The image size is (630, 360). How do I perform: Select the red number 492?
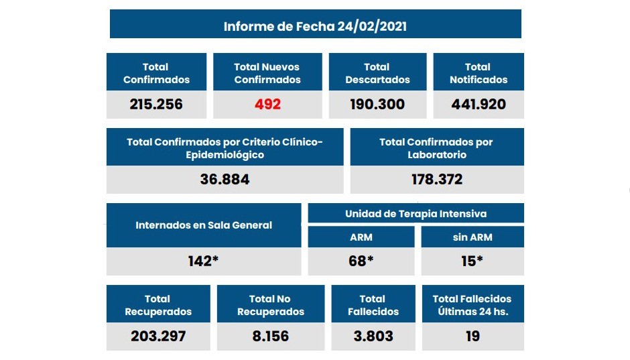pyautogui.click(x=267, y=105)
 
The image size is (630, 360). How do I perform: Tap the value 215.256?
pyautogui.click(x=156, y=105)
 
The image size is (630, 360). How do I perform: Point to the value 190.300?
pyautogui.click(x=377, y=105)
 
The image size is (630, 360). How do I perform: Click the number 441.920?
pyautogui.click(x=478, y=105)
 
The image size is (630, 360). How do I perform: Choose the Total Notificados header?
pyautogui.click(x=478, y=73)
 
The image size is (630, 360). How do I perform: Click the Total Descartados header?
pyautogui.click(x=377, y=73)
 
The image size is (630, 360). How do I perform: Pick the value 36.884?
pyautogui.click(x=225, y=180)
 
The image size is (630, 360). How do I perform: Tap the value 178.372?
pyautogui.click(x=436, y=180)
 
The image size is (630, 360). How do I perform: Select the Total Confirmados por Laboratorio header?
pyautogui.click(x=436, y=148)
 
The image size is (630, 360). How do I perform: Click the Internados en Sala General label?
pyautogui.click(x=204, y=225)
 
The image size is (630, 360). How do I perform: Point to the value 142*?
pyautogui.click(x=204, y=261)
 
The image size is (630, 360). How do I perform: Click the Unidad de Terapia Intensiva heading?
pyautogui.click(x=416, y=214)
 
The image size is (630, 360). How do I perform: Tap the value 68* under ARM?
pyautogui.click(x=361, y=261)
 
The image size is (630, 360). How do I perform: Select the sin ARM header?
pyautogui.click(x=472, y=237)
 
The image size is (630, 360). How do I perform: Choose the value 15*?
pyautogui.click(x=472, y=261)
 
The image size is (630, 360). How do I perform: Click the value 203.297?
pyautogui.click(x=158, y=336)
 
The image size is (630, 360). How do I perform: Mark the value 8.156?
pyautogui.click(x=271, y=336)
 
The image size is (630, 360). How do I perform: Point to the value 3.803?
pyautogui.click(x=372, y=336)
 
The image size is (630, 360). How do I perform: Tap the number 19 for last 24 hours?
pyautogui.click(x=472, y=336)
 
